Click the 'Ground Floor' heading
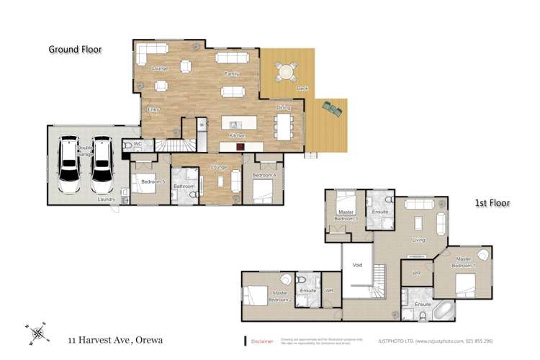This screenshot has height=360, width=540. (x=75, y=50)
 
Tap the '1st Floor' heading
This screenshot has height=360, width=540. (x=492, y=204)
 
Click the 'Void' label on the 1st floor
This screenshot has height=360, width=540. (x=358, y=264)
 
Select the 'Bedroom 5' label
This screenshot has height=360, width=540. (x=153, y=182)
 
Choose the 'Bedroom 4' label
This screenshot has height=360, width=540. (x=264, y=176)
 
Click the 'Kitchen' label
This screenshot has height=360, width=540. (x=238, y=135)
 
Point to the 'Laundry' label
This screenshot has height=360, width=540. (x=107, y=199)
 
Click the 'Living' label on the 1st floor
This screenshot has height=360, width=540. (x=418, y=240)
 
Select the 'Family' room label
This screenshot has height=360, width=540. (x=231, y=73)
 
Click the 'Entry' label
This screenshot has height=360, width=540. (x=153, y=109)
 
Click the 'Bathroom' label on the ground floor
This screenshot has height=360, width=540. (x=184, y=186)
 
